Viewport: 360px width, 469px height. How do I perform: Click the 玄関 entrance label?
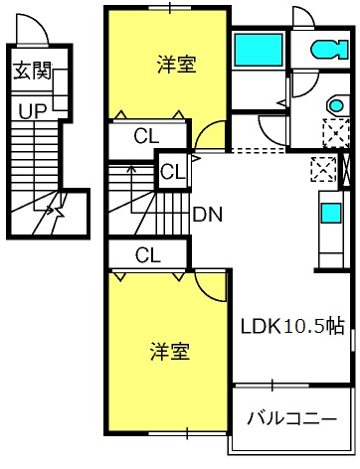pos(32,71)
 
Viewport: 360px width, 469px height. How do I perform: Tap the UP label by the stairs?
pos(33,111)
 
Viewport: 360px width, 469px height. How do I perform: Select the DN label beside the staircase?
pos(208,215)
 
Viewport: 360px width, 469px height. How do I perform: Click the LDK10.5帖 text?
pos(292,326)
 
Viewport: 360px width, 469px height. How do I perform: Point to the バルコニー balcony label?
pos(291,419)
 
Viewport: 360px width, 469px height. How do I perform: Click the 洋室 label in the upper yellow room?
pos(177,65)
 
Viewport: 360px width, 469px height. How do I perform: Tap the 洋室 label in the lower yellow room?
pos(170,352)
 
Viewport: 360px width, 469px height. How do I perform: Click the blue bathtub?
pos(259,50)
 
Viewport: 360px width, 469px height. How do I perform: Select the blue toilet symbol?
pos(329,50)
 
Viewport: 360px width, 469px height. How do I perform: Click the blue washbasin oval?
pos(337,106)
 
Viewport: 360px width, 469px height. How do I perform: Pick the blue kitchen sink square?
pos(331,213)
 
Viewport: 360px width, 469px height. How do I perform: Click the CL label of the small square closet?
pos(173,172)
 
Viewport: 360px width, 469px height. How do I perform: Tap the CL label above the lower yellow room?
pos(148,255)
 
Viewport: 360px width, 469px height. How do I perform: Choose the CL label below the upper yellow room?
pos(146,136)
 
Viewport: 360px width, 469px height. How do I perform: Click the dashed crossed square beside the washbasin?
pos(336,132)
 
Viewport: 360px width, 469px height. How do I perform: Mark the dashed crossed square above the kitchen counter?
pos(323,169)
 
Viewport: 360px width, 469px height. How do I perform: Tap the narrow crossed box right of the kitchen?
pos(346,170)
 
